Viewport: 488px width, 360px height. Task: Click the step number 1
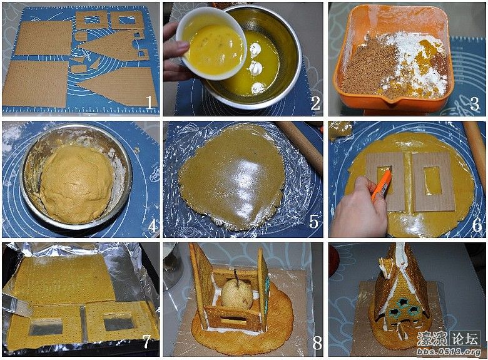[x=150, y=103]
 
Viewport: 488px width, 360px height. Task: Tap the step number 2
[x=315, y=103]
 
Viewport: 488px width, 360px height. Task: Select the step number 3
[x=475, y=103]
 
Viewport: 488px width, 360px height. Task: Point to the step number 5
[x=313, y=222]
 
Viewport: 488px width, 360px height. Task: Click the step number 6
[x=477, y=225]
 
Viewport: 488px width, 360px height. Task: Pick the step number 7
[x=146, y=342]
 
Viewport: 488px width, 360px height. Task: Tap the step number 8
[x=317, y=342]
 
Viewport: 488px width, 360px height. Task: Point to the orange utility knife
[x=381, y=184]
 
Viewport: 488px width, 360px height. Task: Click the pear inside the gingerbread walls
[x=237, y=293]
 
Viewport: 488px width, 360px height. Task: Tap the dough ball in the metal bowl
[x=77, y=183]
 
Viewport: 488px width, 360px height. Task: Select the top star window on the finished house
[x=404, y=302]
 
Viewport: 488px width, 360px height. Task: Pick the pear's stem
[x=236, y=275]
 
